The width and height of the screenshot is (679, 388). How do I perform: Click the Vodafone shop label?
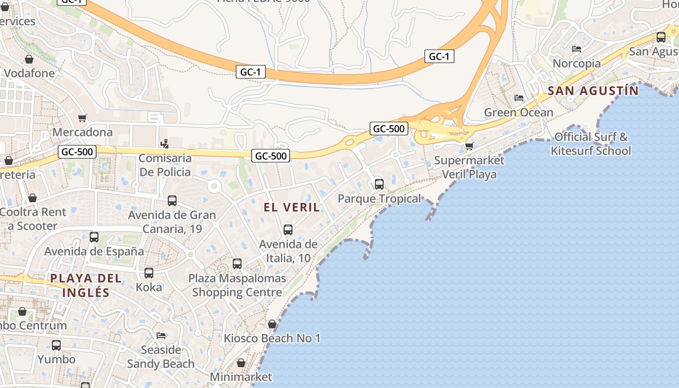click(29, 73)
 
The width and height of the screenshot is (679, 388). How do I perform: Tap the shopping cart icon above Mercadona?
click(82, 118)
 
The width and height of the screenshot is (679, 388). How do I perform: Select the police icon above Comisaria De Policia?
click(165, 144)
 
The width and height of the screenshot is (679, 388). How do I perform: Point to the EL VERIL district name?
click(292, 208)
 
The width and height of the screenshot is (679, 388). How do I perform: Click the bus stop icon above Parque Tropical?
click(379, 184)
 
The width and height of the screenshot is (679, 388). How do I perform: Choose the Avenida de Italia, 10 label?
click(288, 251)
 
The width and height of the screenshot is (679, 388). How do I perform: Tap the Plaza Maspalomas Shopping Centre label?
click(237, 286)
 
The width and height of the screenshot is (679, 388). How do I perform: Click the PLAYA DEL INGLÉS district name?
click(86, 285)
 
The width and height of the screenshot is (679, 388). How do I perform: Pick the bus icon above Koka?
click(149, 273)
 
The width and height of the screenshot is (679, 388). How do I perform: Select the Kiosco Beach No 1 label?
click(272, 338)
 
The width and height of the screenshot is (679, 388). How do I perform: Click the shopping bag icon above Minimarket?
click(241, 363)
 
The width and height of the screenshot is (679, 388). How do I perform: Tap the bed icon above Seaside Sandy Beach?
click(161, 336)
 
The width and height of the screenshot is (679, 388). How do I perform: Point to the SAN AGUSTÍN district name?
click(593, 90)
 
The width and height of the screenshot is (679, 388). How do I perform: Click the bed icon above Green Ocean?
click(519, 98)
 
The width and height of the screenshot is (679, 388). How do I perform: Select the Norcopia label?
click(577, 64)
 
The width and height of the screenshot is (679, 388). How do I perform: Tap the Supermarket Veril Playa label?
click(469, 167)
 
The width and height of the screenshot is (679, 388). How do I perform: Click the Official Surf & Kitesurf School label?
click(591, 144)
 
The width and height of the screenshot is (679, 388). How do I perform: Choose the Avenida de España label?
click(94, 251)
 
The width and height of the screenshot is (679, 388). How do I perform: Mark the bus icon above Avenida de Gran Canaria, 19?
click(172, 201)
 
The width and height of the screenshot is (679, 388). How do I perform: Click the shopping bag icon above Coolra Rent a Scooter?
click(32, 198)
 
